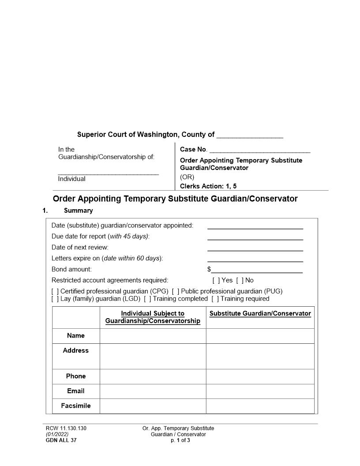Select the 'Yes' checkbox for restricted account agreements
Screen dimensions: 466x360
click(215, 280)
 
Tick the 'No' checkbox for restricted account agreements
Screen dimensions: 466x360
click(239, 280)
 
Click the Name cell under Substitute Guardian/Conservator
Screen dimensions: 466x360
click(260, 336)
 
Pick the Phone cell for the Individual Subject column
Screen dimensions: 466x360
click(153, 376)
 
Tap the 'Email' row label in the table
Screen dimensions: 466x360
click(76, 391)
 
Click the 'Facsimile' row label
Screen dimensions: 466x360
click(76, 406)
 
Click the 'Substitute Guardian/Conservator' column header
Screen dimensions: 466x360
click(260, 314)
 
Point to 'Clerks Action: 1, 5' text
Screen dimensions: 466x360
click(208, 186)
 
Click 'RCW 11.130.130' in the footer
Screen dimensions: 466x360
click(63, 428)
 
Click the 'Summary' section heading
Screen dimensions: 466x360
click(78, 210)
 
